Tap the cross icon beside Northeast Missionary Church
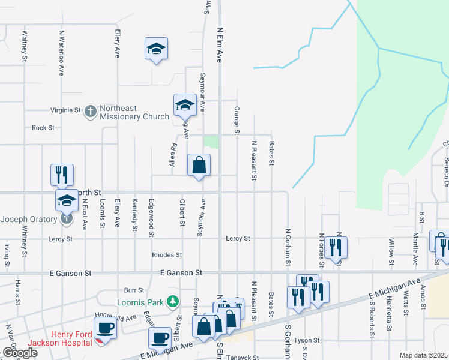[x=90, y=110]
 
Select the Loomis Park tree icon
[x=173, y=300]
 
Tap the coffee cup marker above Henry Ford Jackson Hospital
[x=106, y=328]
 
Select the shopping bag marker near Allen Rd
[x=199, y=166]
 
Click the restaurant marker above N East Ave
[x=62, y=175]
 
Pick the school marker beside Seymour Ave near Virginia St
[x=185, y=106]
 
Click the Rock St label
[x=43, y=128]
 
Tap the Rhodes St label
[x=167, y=254]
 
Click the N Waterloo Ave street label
[x=61, y=53]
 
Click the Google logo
[x=19, y=353]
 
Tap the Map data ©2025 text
[x=423, y=355]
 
